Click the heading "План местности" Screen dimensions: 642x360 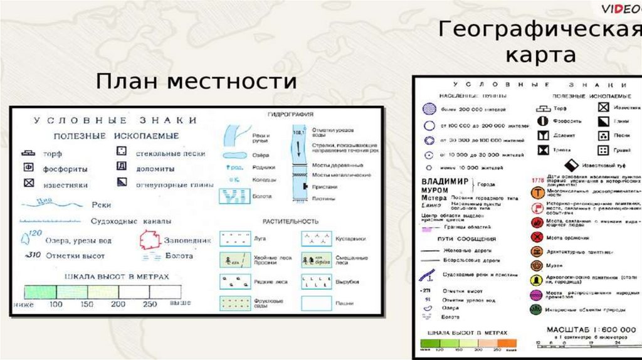pyautogui.click(x=196, y=81)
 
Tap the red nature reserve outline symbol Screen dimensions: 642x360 pyautogui.click(x=150, y=240)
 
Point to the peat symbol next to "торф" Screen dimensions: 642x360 pyautogui.click(x=28, y=153)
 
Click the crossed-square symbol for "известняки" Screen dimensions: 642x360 pyautogui.click(x=28, y=184)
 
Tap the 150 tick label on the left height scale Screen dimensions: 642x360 pyautogui.click(x=87, y=304)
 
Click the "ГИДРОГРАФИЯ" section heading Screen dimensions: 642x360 pyautogui.click(x=290, y=115)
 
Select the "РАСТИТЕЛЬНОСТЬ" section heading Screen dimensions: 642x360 pyautogui.click(x=291, y=221)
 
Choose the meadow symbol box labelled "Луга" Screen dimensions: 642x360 pyautogui.click(x=234, y=238)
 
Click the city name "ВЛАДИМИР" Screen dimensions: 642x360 pyautogui.click(x=446, y=181)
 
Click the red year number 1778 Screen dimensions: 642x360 pyautogui.click(x=537, y=181)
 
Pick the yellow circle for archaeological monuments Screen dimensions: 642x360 pyautogui.click(x=537, y=279)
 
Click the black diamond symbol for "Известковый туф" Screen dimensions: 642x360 pyautogui.click(x=570, y=166)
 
